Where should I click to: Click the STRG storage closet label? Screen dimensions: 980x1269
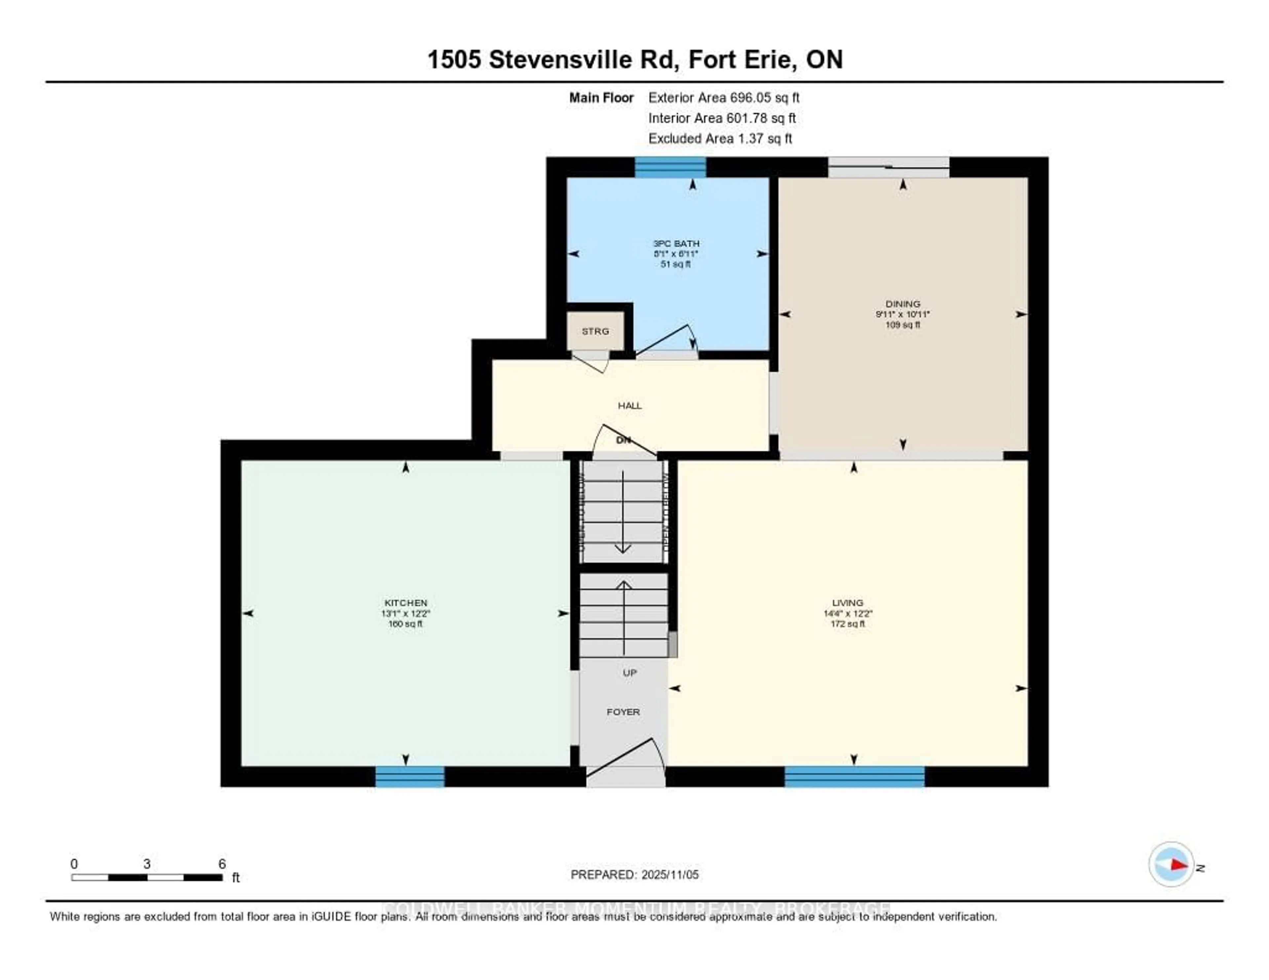coord(596,331)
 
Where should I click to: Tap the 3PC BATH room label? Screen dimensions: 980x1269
coord(676,244)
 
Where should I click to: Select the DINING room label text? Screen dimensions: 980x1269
coord(903,304)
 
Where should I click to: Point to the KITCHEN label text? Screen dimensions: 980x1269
coord(405,603)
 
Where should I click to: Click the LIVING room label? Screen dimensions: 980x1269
coord(848,603)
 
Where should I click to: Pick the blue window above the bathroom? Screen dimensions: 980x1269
coord(670,167)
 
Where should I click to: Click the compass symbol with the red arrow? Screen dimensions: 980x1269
coord(1171,864)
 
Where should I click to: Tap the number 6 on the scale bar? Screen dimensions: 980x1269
coord(222,864)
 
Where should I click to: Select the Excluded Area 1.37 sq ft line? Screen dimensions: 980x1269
coord(720,138)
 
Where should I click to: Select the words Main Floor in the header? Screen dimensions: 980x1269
coord(601,97)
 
